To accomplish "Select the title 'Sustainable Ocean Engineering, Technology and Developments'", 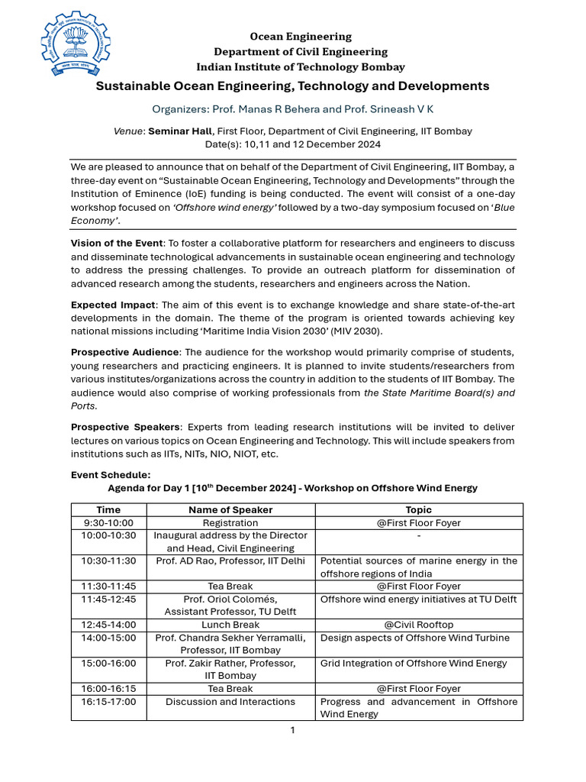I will [292, 86].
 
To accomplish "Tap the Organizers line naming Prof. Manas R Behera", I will [292, 109].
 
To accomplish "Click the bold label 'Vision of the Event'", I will [117, 243].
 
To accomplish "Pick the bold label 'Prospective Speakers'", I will [125, 427].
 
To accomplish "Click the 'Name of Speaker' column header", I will [230, 509].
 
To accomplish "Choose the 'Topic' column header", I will [419, 509].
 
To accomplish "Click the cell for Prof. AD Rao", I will [230, 561].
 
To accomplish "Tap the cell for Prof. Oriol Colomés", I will [230, 605].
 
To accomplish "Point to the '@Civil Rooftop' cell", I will [419, 625].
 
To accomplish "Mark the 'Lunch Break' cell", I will [230, 625].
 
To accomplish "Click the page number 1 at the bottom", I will [292, 730].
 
